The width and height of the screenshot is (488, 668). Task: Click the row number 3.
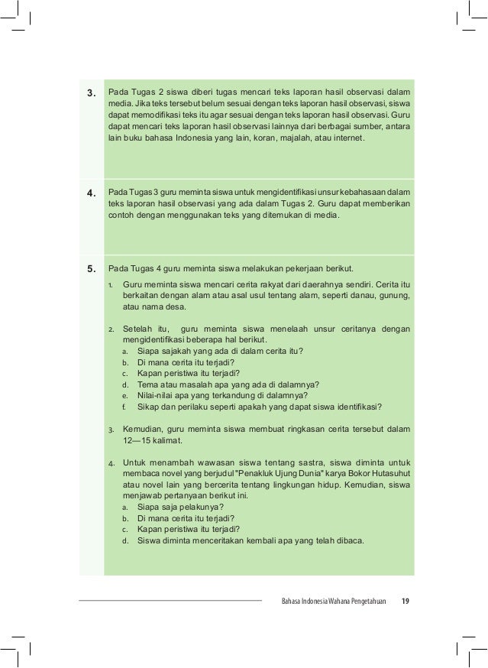(x=91, y=94)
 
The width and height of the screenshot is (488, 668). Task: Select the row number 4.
(x=91, y=193)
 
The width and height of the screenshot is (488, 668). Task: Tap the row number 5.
(x=91, y=268)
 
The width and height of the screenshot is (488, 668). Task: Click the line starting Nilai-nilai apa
(x=222, y=395)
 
